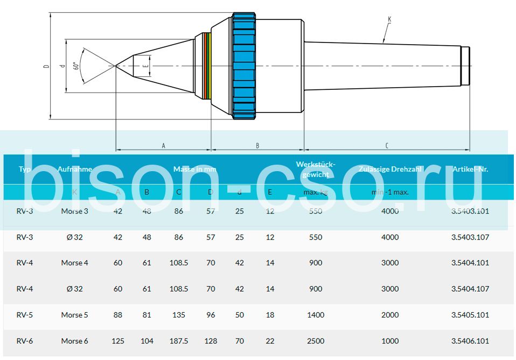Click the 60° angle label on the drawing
(76, 66)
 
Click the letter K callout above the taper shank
(389, 19)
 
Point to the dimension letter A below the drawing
(163, 145)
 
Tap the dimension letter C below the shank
(387, 145)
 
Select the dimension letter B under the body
(257, 145)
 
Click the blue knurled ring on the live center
(244, 66)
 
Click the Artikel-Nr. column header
(470, 169)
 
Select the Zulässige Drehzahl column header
(391, 169)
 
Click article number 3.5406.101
(470, 341)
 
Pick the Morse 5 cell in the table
(74, 315)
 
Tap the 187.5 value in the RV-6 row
(178, 341)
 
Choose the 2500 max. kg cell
(316, 341)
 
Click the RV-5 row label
(25, 315)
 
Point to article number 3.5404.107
(470, 289)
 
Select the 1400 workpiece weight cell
(316, 315)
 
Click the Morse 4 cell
(74, 263)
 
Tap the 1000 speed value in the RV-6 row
(390, 341)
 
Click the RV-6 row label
(25, 341)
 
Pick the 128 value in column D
(210, 341)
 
